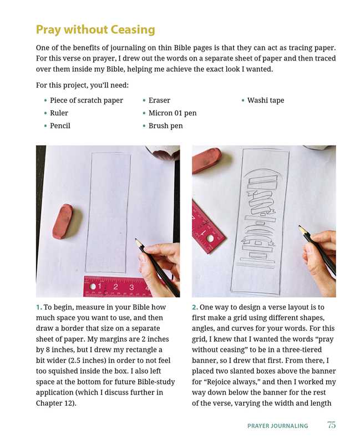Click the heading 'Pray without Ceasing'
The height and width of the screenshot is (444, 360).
[95, 30]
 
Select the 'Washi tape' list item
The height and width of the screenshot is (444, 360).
[266, 100]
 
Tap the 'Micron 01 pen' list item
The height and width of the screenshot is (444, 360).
[173, 113]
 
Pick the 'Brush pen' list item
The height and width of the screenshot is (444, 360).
[165, 126]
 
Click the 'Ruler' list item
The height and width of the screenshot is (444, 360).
[59, 113]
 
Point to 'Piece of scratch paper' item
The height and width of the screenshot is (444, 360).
[87, 100]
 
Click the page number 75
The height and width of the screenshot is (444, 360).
[331, 425]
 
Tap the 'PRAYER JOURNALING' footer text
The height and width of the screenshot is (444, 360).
[278, 426]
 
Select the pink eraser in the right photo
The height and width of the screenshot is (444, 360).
[206, 160]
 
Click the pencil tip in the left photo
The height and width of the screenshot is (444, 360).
[136, 240]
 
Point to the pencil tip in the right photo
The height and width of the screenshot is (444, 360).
[300, 226]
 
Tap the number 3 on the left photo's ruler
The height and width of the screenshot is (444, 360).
[131, 287]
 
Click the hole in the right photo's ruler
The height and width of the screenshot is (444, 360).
[210, 239]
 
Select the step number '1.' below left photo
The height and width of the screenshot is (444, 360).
[39, 307]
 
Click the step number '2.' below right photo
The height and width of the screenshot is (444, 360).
[195, 307]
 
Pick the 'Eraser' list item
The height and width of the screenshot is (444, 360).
[159, 100]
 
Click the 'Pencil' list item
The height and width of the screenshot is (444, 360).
[60, 126]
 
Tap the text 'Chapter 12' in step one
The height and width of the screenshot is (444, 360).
[54, 403]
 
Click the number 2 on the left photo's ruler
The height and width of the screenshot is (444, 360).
[115, 287]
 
